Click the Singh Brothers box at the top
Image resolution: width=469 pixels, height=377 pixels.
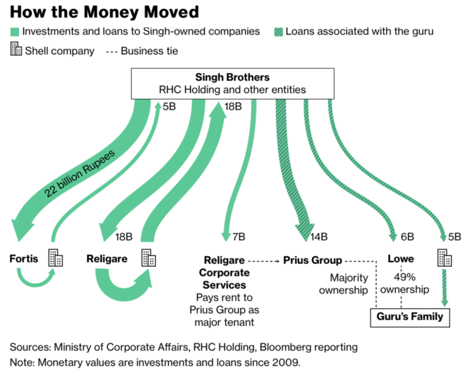(x=232, y=84)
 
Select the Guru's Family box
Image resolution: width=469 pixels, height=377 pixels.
(x=410, y=317)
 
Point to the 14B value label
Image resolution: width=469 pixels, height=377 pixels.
(x=319, y=237)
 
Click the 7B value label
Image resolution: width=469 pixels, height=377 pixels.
(x=239, y=237)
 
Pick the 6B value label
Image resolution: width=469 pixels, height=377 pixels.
(x=407, y=237)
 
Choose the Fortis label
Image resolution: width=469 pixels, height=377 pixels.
(x=24, y=259)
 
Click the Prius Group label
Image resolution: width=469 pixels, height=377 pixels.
(x=312, y=260)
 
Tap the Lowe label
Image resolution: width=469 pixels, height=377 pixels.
(x=401, y=259)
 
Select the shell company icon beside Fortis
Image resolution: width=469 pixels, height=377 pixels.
(x=55, y=258)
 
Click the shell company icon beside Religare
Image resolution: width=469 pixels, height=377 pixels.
(x=149, y=258)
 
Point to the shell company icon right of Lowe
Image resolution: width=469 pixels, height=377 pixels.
(x=444, y=258)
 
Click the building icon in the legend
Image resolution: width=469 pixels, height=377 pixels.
(x=16, y=49)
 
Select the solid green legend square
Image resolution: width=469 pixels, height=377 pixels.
(x=15, y=32)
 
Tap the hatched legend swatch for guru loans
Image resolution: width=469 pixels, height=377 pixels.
(x=278, y=32)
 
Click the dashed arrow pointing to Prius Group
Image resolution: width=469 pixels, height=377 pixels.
(x=264, y=261)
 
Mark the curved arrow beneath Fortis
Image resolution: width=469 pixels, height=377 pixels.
(x=36, y=280)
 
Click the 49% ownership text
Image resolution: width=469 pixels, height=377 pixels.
(x=404, y=283)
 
